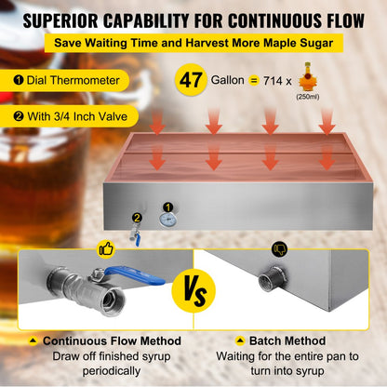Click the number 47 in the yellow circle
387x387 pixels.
coord(191,80)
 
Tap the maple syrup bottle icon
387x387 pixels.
coord(307,76)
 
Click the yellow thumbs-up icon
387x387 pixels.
coord(107,248)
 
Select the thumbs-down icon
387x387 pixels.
coord(280,248)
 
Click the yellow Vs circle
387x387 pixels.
coord(193,290)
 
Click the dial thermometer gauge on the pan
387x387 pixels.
coord(168,220)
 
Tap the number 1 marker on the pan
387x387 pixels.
coord(168,207)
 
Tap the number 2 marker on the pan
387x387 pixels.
coord(137,218)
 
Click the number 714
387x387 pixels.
coord(273,81)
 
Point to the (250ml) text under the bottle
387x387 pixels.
coord(308,97)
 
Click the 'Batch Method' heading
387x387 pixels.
coord(287,340)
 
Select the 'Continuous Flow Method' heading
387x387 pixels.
coord(112,340)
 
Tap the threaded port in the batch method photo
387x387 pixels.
coord(270,279)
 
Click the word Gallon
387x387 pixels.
coord(228,80)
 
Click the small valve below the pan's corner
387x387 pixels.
coord(135,236)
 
